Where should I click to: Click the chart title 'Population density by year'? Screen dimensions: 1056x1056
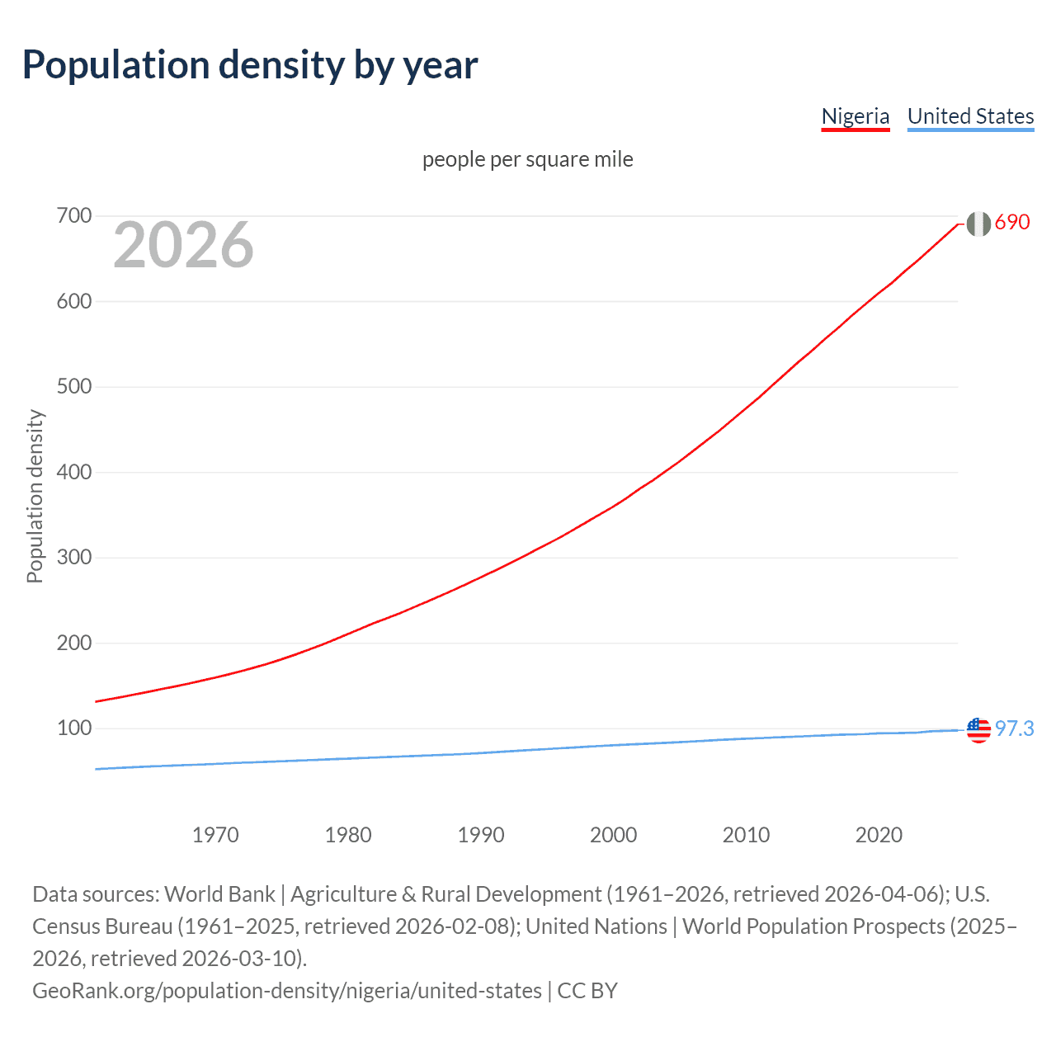pyautogui.click(x=250, y=65)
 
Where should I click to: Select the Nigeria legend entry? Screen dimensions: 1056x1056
pyautogui.click(x=856, y=116)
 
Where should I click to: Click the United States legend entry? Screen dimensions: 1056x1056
pyautogui.click(x=970, y=116)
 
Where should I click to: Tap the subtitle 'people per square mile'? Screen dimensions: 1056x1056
pyautogui.click(x=527, y=159)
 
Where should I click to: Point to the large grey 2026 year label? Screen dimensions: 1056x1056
pyautogui.click(x=183, y=245)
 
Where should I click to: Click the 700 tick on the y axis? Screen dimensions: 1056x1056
pyautogui.click(x=73, y=216)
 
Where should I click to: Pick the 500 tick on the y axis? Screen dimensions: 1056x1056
pyautogui.click(x=73, y=387)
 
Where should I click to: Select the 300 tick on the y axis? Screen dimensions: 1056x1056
pyautogui.click(x=73, y=558)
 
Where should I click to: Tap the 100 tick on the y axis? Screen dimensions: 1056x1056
pyautogui.click(x=73, y=728)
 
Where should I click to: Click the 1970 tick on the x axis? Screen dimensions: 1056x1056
pyautogui.click(x=215, y=835)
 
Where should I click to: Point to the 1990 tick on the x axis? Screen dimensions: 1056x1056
pyautogui.click(x=481, y=835)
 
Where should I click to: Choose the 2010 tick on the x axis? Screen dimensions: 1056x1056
pyautogui.click(x=746, y=835)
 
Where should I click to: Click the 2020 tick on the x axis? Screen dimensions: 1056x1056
pyautogui.click(x=879, y=835)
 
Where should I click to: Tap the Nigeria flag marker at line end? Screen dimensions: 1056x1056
pyautogui.click(x=978, y=224)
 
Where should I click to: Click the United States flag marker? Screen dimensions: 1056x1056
pyautogui.click(x=978, y=730)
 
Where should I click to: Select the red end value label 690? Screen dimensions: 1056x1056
pyautogui.click(x=1012, y=223)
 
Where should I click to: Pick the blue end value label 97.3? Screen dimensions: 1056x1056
pyautogui.click(x=1014, y=729)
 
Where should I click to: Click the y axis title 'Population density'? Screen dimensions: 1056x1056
pyautogui.click(x=35, y=497)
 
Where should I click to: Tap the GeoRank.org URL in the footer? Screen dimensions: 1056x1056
pyautogui.click(x=287, y=990)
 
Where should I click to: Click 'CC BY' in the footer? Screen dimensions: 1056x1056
pyautogui.click(x=587, y=990)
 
